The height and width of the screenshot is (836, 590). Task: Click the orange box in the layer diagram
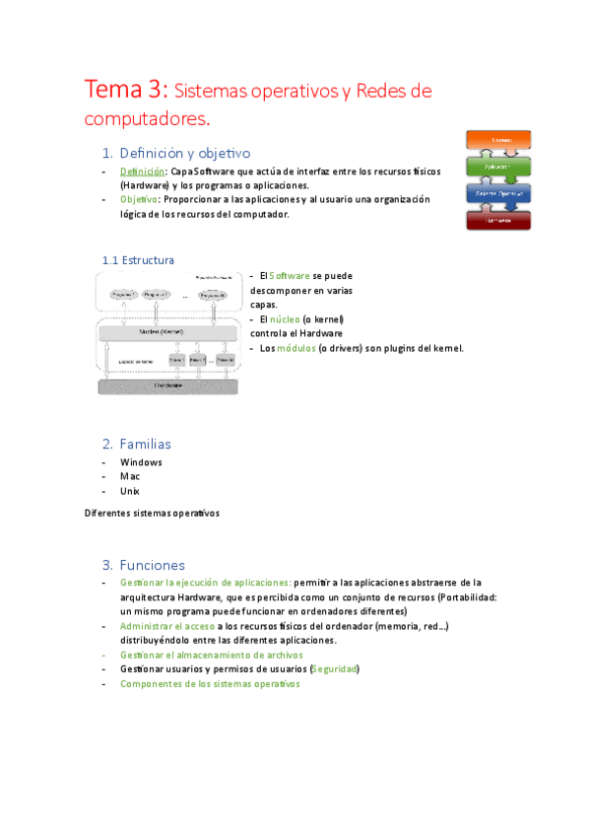tap(500, 141)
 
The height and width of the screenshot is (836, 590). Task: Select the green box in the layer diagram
tap(500, 167)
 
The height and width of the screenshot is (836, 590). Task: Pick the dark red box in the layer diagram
tap(500, 220)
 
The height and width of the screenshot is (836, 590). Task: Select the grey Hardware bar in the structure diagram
tap(168, 385)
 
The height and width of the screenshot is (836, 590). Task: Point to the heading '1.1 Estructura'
tap(138, 260)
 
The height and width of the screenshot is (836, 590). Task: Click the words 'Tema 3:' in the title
tap(128, 91)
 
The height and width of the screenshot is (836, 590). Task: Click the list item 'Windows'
tap(141, 462)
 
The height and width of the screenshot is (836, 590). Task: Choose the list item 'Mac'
tap(130, 476)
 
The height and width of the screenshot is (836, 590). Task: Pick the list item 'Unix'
tap(130, 491)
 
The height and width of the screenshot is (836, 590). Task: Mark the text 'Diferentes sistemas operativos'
tap(152, 514)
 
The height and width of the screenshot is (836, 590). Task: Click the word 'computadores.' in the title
tap(147, 119)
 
